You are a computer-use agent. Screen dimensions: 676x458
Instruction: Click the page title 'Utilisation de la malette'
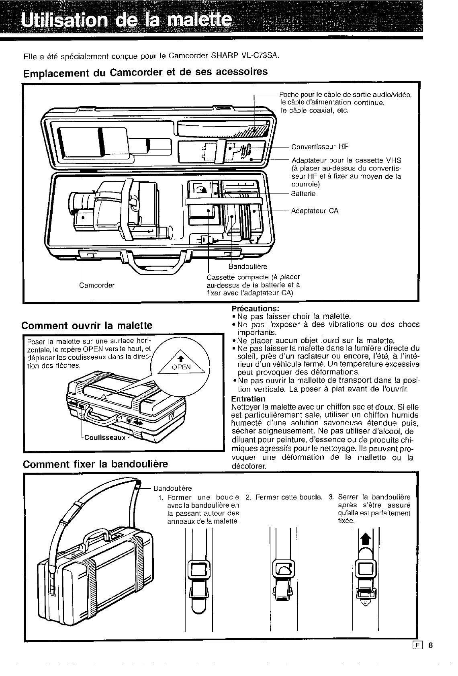127,19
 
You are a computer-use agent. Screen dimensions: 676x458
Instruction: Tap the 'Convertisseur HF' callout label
316,146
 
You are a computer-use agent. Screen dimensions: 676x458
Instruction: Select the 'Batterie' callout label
303,194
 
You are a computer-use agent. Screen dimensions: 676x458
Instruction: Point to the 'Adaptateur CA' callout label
315,211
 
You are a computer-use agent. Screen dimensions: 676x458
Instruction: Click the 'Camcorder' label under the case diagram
97,285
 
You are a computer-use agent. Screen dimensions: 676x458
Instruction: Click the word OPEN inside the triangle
182,367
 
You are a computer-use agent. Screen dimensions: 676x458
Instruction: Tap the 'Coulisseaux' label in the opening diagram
105,438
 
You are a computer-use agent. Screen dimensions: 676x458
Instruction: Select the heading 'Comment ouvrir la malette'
87,325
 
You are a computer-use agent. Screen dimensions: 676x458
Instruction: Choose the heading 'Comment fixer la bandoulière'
95,465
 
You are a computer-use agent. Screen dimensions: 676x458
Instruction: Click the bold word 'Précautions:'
256,308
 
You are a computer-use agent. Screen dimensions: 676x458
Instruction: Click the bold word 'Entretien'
248,399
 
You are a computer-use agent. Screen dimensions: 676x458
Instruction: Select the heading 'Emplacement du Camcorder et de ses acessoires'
145,73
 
